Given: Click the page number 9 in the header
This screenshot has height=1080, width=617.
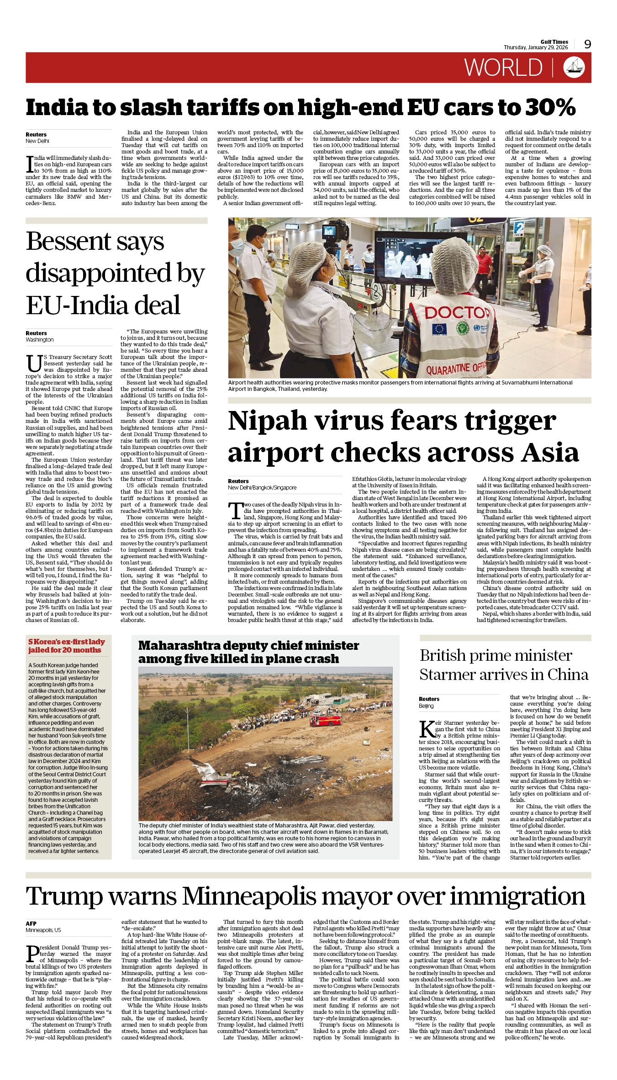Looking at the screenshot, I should [587, 44].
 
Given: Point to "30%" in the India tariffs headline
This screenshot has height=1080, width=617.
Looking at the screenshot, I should [551, 107].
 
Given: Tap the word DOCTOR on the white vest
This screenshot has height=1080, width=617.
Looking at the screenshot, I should [457, 313].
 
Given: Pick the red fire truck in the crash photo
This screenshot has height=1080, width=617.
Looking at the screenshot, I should [325, 720].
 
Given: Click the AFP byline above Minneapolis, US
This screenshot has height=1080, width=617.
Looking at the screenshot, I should [31, 923].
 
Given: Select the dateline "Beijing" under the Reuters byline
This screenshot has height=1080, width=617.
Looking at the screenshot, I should [426, 706].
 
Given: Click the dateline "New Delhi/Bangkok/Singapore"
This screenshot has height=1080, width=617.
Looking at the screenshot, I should [262, 487].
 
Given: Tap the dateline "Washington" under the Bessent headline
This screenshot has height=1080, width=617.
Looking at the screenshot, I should [40, 339].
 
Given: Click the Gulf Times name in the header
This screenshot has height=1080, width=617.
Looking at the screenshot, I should [554, 42].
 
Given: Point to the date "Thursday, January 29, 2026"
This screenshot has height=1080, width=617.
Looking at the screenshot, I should [536, 47].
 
